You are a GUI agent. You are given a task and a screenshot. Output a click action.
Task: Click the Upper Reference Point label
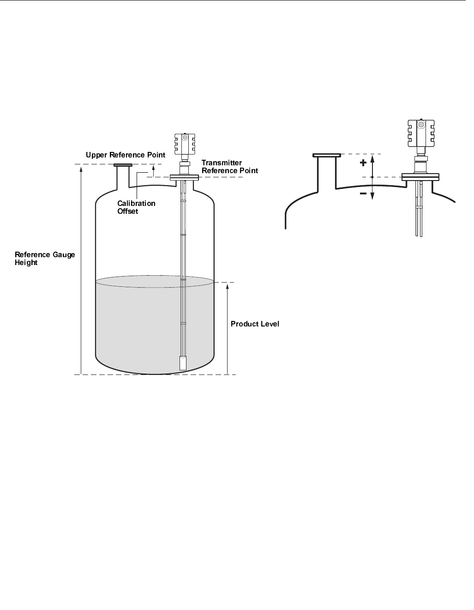point(125,155)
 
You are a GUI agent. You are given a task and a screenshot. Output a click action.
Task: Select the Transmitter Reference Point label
point(229,167)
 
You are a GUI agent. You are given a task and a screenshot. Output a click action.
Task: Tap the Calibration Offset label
point(136,207)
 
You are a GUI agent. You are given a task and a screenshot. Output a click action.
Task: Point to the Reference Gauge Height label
point(44,259)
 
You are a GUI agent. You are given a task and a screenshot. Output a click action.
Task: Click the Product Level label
point(255,324)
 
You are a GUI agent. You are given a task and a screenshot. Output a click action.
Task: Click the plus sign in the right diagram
point(363,163)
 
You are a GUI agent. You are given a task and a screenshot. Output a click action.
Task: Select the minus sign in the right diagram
point(363,194)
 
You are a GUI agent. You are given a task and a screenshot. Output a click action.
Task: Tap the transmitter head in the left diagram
point(185,144)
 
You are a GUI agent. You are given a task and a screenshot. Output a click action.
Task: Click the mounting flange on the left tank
point(184,177)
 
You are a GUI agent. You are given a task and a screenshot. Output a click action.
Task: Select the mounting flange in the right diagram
point(420,177)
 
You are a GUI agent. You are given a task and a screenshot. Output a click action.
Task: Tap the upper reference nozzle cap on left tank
point(123,165)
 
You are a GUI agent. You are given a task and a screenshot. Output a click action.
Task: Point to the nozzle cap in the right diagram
point(327,155)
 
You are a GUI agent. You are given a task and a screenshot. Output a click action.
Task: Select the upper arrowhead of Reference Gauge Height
point(81,169)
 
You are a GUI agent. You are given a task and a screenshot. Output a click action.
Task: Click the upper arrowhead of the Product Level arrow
point(228,287)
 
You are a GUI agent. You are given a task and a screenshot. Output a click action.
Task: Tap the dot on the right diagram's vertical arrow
point(372,177)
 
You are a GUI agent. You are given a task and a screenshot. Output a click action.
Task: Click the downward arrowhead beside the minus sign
point(372,197)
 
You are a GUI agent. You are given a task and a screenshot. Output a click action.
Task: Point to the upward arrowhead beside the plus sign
point(372,157)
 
